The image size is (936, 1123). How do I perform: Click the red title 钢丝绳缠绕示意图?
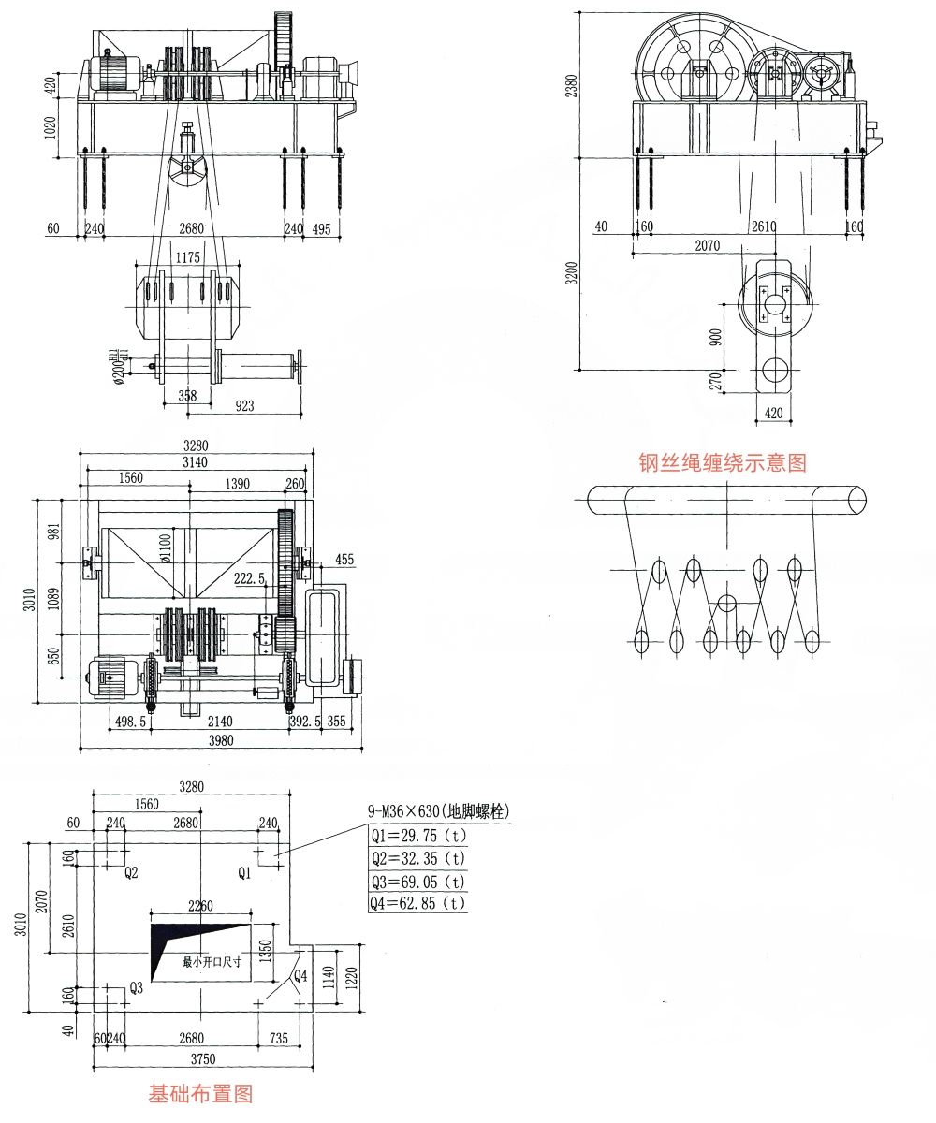click(x=722, y=461)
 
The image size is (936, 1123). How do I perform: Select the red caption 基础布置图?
click(x=200, y=1092)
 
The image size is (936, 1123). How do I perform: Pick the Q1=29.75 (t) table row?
click(x=417, y=835)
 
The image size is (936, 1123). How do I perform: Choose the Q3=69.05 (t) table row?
click(x=417, y=881)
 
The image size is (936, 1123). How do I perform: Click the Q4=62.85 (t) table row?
click(x=417, y=903)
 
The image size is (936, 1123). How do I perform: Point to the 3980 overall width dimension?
click(x=221, y=740)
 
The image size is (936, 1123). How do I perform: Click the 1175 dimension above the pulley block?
click(x=191, y=256)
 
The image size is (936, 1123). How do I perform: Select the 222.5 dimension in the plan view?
click(x=250, y=579)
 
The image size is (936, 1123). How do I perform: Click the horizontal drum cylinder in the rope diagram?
click(x=725, y=500)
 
